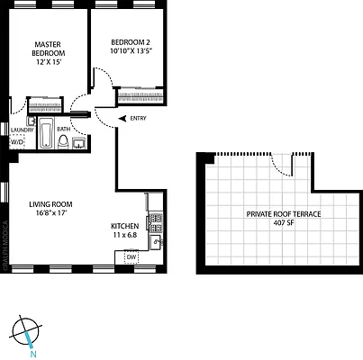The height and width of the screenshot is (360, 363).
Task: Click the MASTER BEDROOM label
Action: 46,49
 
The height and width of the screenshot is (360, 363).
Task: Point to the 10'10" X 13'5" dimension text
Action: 133,52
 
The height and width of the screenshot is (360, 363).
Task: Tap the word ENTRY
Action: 138,119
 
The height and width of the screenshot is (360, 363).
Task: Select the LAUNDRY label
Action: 23,130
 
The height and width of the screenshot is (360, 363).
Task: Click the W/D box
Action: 17,142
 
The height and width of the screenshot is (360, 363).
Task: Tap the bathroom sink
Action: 78,142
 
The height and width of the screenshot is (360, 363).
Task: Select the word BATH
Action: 63,130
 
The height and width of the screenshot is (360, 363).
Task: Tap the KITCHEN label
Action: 125,226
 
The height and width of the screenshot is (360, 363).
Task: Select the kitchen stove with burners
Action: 158,219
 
